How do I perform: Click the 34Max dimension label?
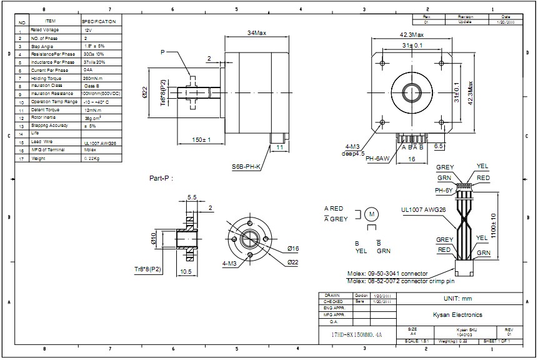coord(257,33)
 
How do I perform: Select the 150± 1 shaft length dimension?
coord(201,139)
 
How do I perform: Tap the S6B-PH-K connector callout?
coord(246,167)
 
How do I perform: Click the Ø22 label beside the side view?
coord(144,94)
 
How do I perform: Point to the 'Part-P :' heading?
coord(160,178)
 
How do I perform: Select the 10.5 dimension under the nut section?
coord(186,272)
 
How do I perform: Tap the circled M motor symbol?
coord(372,214)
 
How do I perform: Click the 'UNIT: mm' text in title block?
coord(458,299)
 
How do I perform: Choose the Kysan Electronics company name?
coord(458,315)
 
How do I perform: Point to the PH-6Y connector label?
coord(444,190)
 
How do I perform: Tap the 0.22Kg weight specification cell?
coord(92,159)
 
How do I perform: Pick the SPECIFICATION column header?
coord(99,21)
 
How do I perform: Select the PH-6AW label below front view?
coord(377,158)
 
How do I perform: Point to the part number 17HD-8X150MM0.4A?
coord(356,335)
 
